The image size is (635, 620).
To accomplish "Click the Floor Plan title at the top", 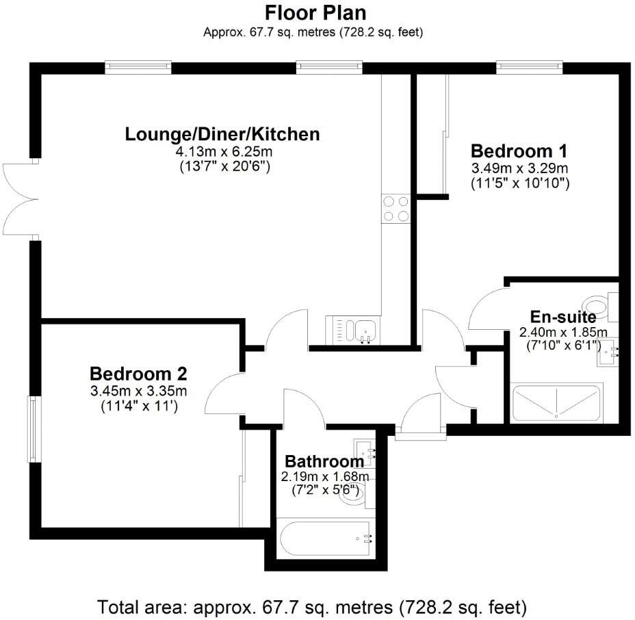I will (315, 13).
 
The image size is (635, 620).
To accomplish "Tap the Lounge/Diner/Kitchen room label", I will (222, 134).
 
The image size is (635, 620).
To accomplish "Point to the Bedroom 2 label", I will (138, 374).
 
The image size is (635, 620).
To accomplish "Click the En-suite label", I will (563, 317).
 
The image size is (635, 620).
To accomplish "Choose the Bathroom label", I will (324, 461).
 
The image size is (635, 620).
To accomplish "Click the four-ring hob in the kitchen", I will (396, 208).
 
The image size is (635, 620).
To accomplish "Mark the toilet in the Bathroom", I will (356, 494).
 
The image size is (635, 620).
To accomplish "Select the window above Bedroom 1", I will (529, 66).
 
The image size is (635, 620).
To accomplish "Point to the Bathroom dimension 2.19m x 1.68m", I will (324, 476).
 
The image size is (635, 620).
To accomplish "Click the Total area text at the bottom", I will (312, 606).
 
